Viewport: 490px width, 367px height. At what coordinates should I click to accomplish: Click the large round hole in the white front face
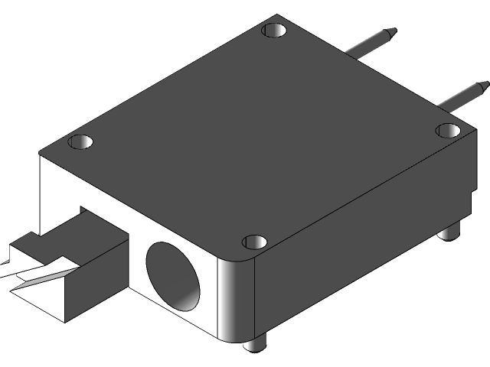[x=175, y=275]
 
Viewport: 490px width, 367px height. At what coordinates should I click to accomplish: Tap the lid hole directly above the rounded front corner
[x=254, y=242]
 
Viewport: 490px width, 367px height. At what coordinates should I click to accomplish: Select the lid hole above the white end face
[x=80, y=141]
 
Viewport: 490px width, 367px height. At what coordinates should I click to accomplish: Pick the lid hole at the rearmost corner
[x=273, y=31]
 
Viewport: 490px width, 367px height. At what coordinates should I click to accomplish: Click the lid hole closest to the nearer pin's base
[x=448, y=130]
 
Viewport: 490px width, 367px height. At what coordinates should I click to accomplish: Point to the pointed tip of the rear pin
[x=391, y=32]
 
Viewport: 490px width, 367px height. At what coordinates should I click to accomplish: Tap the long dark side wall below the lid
[x=345, y=245]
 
